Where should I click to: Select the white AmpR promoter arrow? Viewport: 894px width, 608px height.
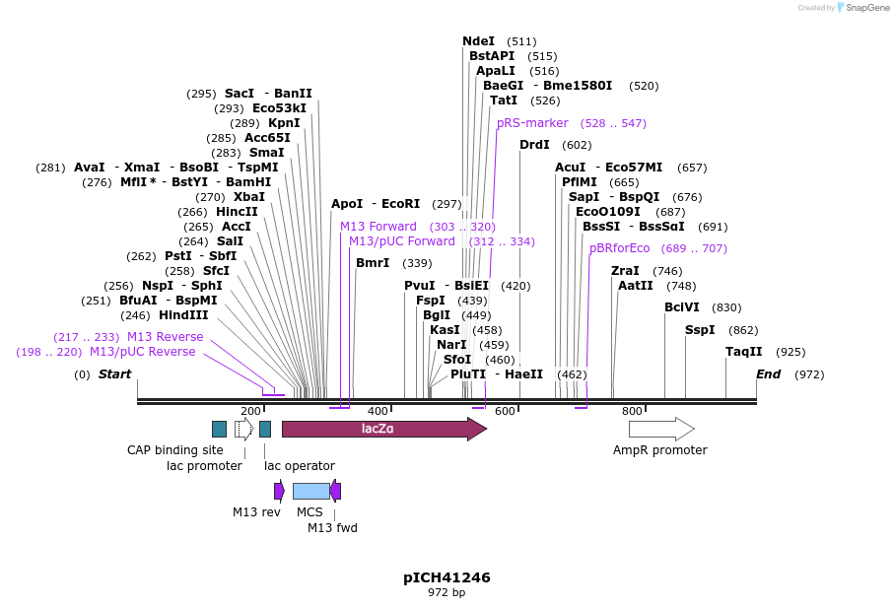point(660,429)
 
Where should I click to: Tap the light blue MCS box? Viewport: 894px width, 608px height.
point(310,491)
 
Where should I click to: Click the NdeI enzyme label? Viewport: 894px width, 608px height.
point(478,41)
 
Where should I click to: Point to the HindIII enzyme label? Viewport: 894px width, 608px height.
point(183,315)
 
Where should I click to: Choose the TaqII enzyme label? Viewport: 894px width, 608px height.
point(743,352)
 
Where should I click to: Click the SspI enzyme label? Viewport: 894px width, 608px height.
point(700,330)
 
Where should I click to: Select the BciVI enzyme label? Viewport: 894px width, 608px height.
point(681,307)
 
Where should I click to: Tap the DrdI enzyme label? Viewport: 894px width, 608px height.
point(534,145)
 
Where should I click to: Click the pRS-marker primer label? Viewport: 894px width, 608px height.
point(532,123)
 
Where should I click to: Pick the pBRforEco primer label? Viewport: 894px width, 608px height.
point(619,248)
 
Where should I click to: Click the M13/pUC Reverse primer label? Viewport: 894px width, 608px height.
point(142,352)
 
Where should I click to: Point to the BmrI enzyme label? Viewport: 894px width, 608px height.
point(373,263)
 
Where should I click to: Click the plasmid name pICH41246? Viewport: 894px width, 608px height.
point(447,577)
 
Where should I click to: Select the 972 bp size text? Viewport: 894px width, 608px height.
point(447,593)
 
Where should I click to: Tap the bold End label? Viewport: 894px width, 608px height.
point(768,374)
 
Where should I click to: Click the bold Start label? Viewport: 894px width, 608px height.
point(114,374)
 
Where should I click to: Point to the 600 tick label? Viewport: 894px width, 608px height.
point(505,411)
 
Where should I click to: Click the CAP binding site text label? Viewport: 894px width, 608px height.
point(175,450)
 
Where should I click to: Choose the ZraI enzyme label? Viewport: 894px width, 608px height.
point(625,271)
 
